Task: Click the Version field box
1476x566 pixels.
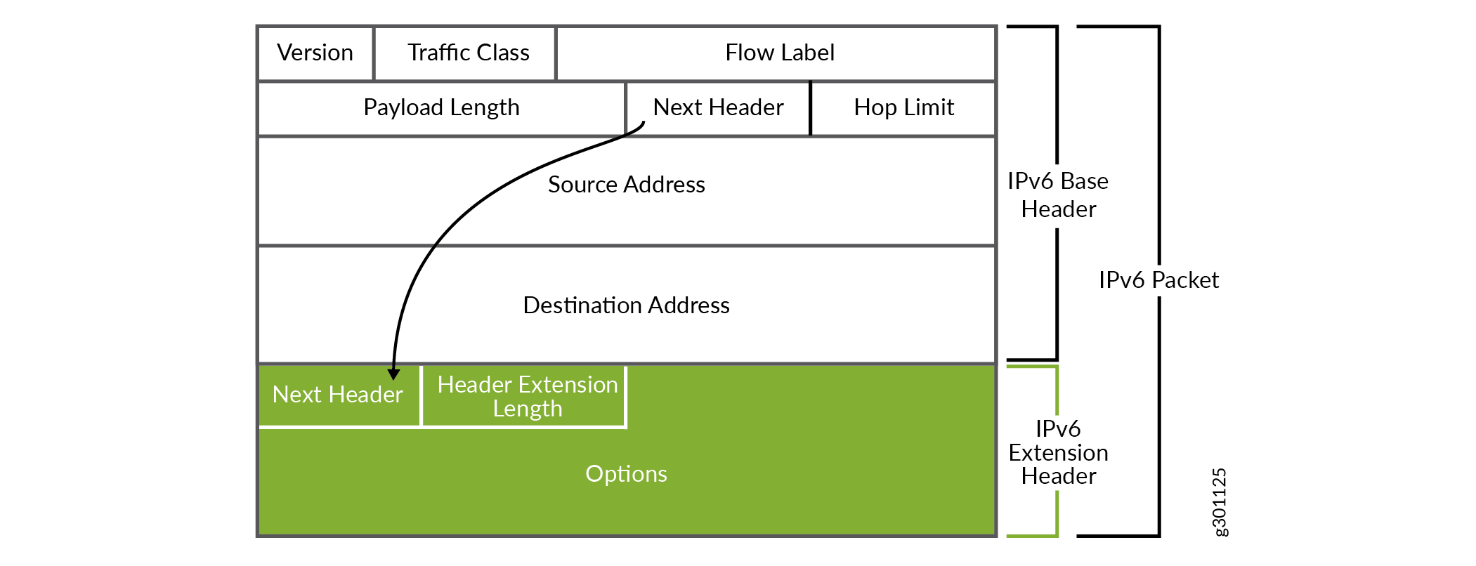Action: click(x=315, y=53)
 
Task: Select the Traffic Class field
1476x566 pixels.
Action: click(x=468, y=53)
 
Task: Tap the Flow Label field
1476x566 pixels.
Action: click(x=779, y=53)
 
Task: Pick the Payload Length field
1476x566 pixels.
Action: click(x=441, y=108)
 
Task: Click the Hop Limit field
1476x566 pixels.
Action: click(x=903, y=108)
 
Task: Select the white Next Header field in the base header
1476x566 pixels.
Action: click(x=718, y=108)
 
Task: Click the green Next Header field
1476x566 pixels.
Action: click(x=337, y=395)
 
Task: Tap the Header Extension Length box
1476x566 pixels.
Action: click(x=527, y=397)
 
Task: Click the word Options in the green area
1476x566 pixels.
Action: click(x=626, y=474)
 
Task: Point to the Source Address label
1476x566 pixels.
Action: click(x=626, y=185)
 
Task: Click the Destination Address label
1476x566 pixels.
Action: click(x=626, y=305)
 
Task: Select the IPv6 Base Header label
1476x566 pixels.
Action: click(x=1058, y=195)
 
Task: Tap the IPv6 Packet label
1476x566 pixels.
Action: click(x=1158, y=280)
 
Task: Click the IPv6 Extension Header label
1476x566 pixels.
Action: click(x=1058, y=453)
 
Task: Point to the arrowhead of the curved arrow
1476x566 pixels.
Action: click(x=393, y=374)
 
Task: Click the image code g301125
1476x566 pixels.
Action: click(x=1220, y=502)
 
